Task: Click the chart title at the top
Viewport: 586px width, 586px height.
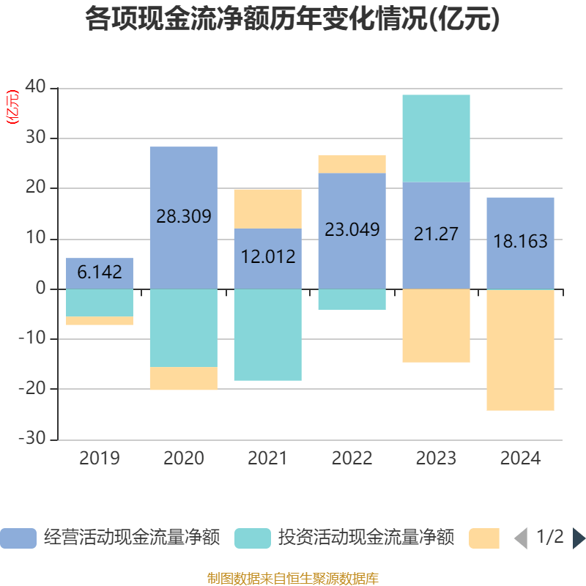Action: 292,20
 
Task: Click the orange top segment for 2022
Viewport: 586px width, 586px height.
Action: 352,163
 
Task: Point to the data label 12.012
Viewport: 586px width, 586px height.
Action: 267,256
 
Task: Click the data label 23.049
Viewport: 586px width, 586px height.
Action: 352,229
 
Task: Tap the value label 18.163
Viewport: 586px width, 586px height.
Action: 520,241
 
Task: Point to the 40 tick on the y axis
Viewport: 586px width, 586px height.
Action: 37,88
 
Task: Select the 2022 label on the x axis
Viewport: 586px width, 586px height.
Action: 352,459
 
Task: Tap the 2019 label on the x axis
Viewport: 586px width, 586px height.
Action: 100,459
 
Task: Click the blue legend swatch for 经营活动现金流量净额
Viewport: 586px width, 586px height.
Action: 18,538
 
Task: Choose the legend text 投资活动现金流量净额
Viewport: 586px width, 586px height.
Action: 366,538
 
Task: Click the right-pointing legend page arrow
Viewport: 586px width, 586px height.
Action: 579,538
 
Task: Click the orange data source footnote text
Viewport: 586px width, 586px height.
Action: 292,579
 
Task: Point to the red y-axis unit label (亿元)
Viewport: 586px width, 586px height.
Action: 12,108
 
